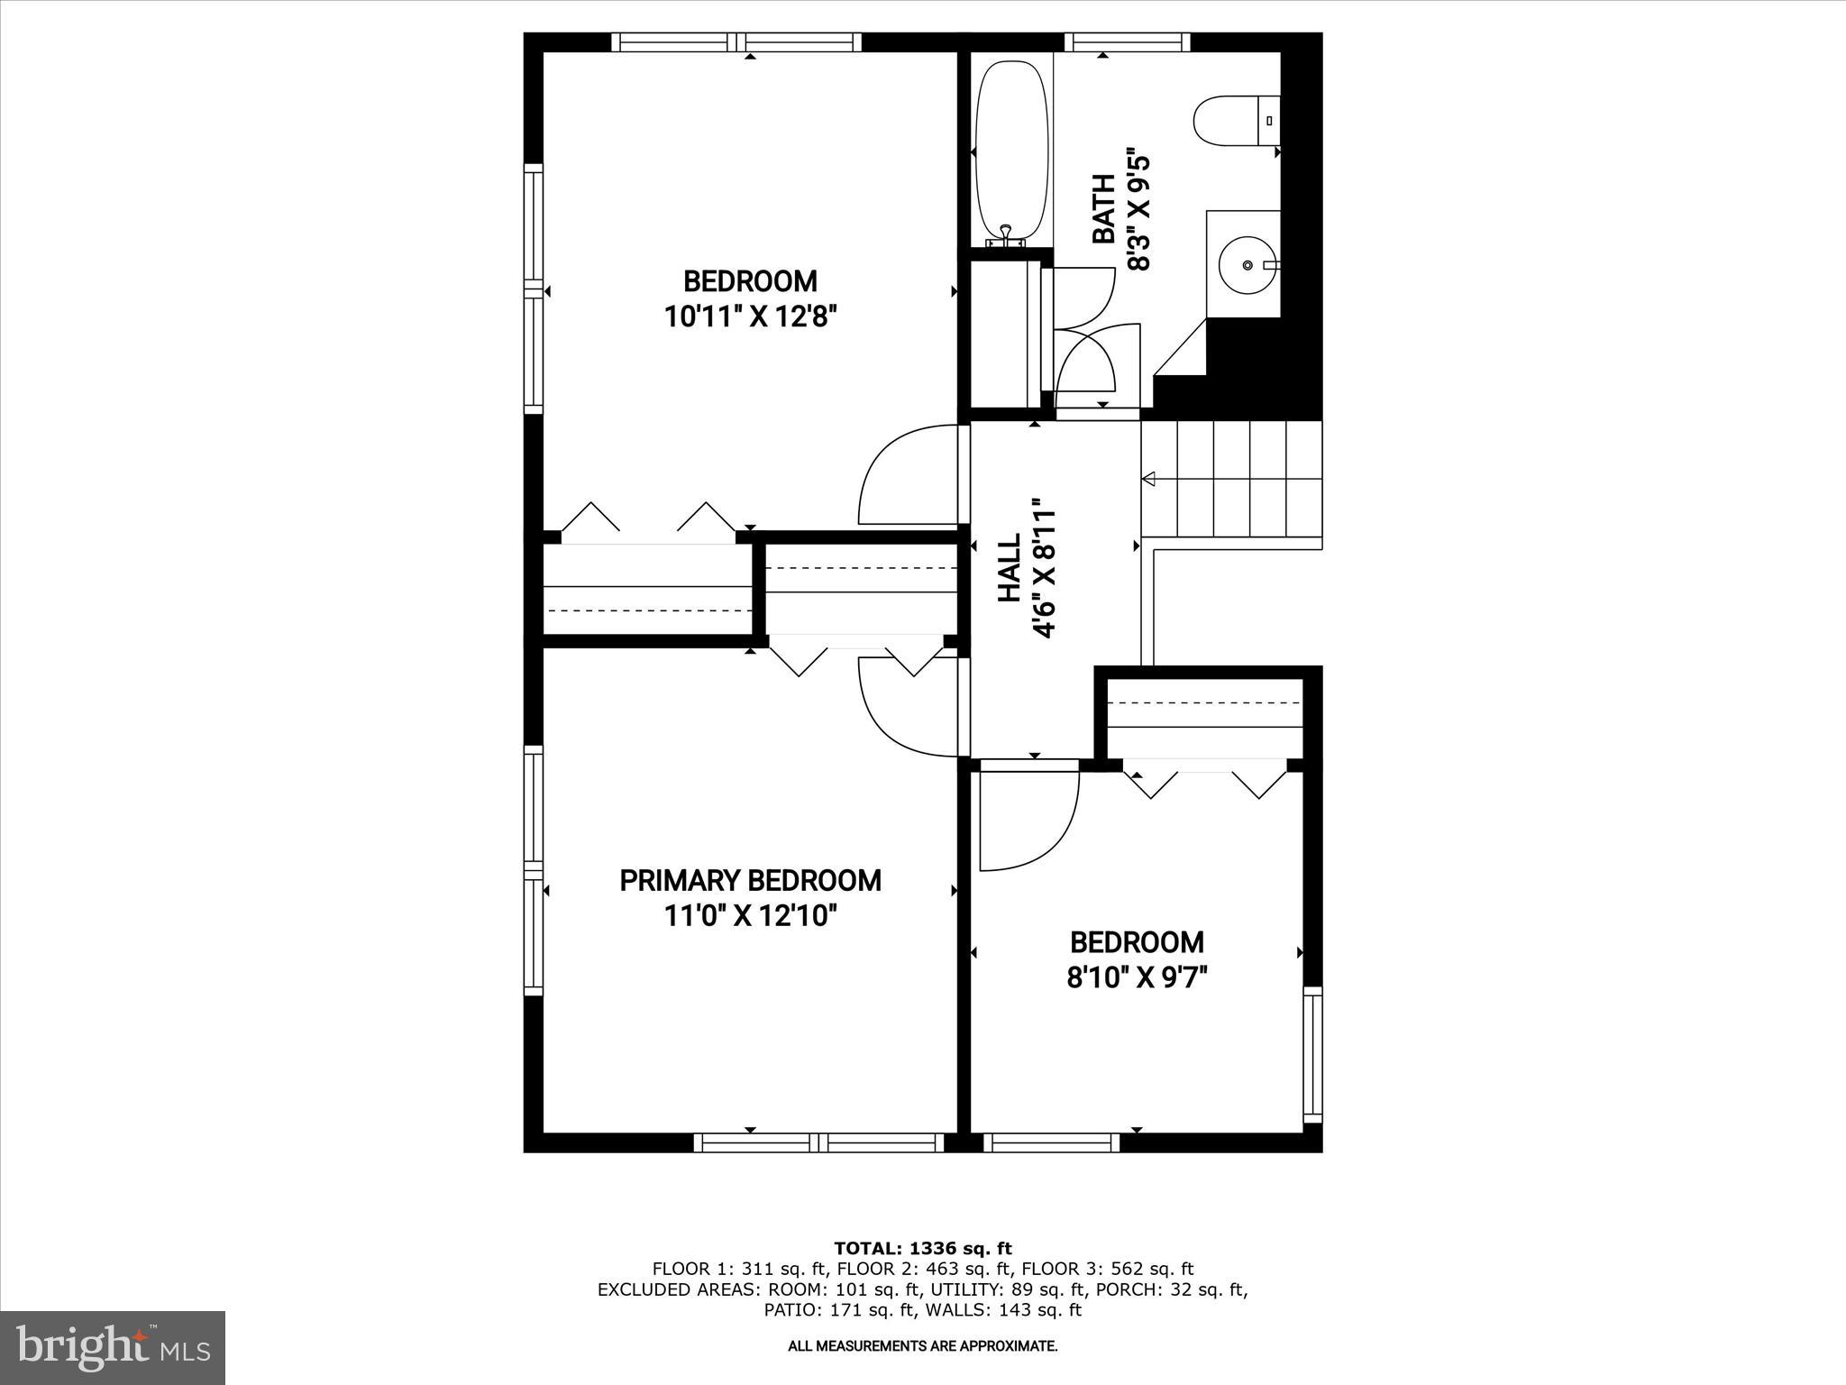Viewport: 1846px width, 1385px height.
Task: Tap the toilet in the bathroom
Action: [x=1237, y=122]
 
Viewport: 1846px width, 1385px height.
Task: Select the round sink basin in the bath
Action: [x=1247, y=265]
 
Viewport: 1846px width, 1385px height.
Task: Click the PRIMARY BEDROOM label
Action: [x=750, y=880]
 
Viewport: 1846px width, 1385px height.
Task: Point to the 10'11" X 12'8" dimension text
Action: [x=750, y=316]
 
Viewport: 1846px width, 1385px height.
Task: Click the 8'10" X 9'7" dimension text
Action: [x=1137, y=977]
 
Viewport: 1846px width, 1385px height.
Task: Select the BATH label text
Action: [x=1103, y=209]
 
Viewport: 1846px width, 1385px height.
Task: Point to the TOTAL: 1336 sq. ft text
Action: [x=923, y=1248]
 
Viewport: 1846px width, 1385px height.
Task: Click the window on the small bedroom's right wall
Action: [x=1312, y=1054]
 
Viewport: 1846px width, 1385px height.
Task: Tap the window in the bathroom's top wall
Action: [x=1128, y=41]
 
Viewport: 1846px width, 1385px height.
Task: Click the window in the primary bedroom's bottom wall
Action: [x=819, y=1142]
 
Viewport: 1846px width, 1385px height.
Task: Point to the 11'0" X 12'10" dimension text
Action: [x=750, y=916]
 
